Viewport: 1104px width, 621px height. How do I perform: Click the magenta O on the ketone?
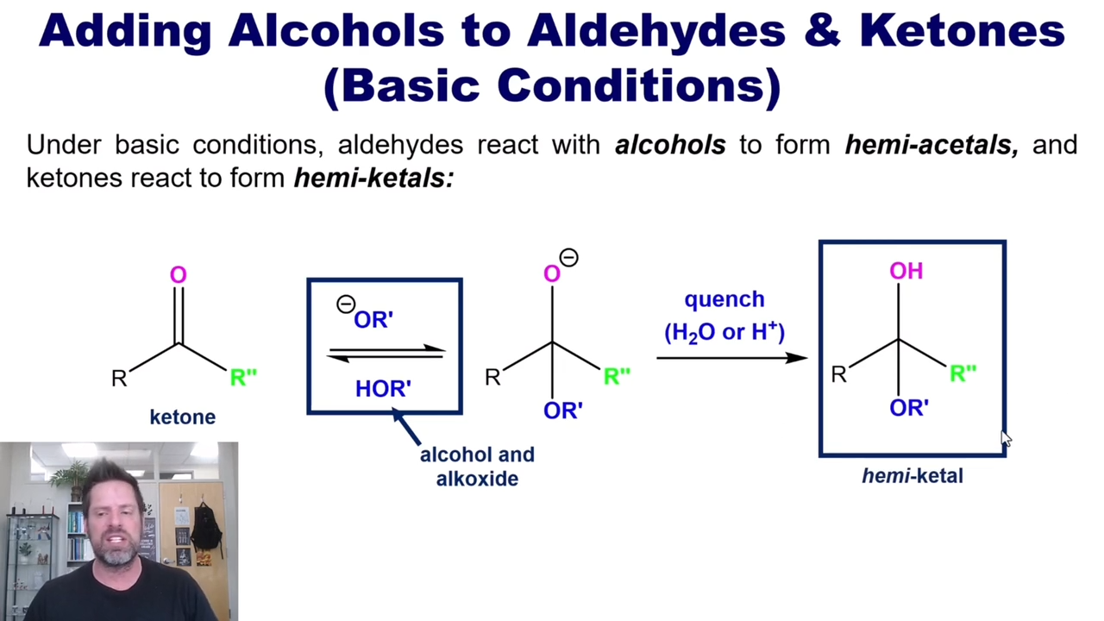[178, 274]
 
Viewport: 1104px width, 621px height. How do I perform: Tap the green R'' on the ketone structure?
[243, 377]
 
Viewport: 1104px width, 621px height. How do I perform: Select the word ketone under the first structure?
[183, 417]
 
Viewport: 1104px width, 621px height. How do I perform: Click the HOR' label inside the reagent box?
[383, 389]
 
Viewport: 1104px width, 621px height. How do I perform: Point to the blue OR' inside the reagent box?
[373, 320]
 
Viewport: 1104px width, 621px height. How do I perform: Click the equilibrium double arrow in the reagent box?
[386, 354]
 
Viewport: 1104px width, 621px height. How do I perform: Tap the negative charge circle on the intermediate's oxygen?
[568, 258]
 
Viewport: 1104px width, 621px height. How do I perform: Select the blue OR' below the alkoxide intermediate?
[563, 411]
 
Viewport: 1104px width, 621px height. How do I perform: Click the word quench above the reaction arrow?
[724, 299]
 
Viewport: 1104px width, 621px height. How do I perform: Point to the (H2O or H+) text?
[724, 332]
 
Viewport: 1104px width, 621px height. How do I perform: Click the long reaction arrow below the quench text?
[732, 358]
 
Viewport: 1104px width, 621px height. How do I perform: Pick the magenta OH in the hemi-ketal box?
[906, 271]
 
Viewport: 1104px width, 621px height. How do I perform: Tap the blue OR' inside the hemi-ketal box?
[909, 408]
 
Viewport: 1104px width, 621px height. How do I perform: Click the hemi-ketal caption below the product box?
[913, 476]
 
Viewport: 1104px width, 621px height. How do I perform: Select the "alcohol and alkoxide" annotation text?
[477, 467]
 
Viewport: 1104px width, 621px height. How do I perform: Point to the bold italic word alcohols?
[670, 145]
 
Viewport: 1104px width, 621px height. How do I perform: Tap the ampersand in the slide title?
[822, 30]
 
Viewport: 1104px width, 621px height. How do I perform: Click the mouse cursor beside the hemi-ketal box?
[1006, 439]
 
